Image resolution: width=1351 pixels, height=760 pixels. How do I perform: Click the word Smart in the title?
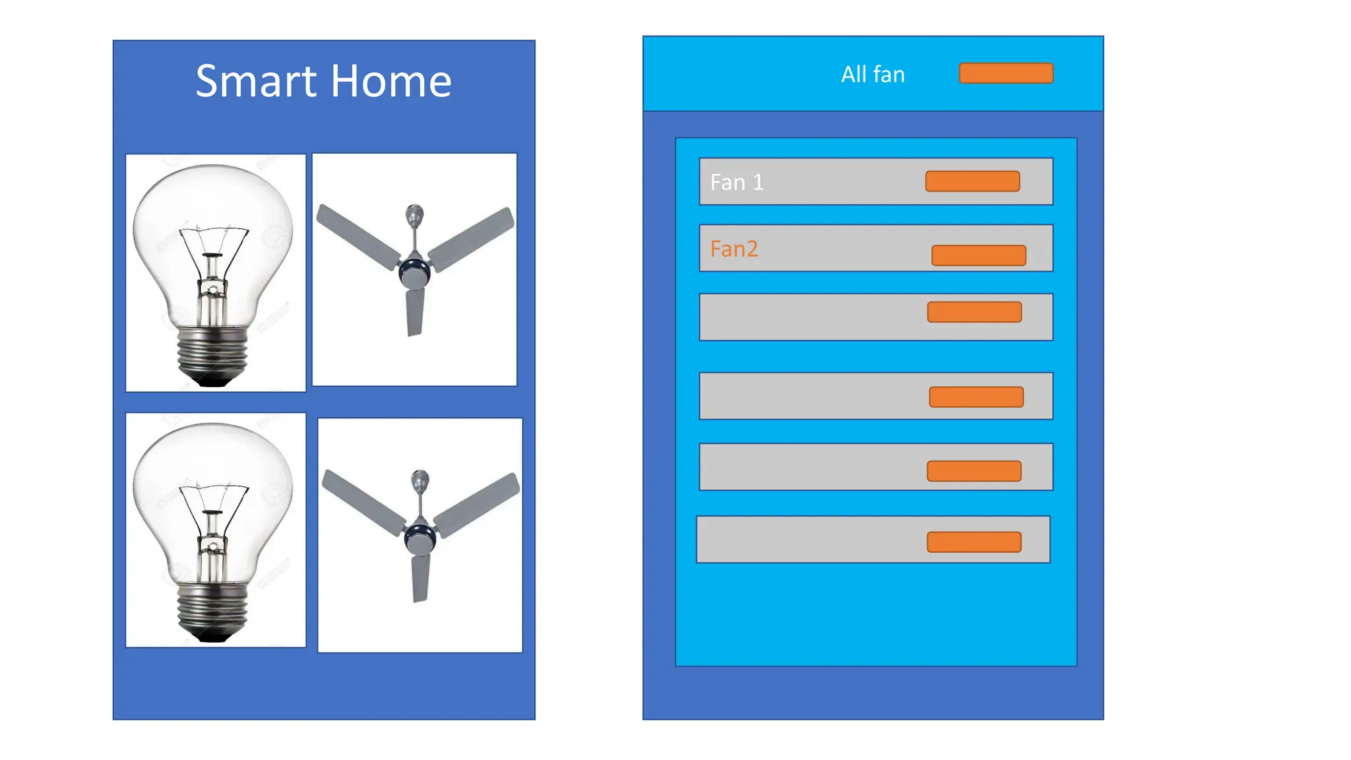(x=256, y=82)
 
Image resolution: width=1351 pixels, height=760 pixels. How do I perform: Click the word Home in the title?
(x=391, y=82)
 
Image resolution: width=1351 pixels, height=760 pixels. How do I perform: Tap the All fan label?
(x=872, y=75)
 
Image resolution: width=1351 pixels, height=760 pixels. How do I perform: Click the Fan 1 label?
(x=737, y=182)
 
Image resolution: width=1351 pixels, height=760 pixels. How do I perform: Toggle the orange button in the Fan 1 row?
(x=972, y=181)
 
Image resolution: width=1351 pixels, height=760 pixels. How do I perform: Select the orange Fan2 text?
(x=734, y=249)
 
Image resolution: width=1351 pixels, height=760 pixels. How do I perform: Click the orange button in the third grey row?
(x=974, y=312)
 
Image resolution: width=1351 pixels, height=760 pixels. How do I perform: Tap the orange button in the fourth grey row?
(x=976, y=397)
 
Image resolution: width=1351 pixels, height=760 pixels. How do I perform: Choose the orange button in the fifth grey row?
(x=974, y=471)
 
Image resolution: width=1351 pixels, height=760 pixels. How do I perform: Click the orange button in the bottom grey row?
(x=974, y=542)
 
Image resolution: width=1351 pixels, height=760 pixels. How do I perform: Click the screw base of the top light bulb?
(x=212, y=353)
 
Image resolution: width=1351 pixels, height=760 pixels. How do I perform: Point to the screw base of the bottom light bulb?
(x=212, y=610)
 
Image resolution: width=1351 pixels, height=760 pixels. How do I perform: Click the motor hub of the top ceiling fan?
(x=414, y=270)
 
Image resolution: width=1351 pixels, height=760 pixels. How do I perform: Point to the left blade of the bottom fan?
(x=361, y=501)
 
